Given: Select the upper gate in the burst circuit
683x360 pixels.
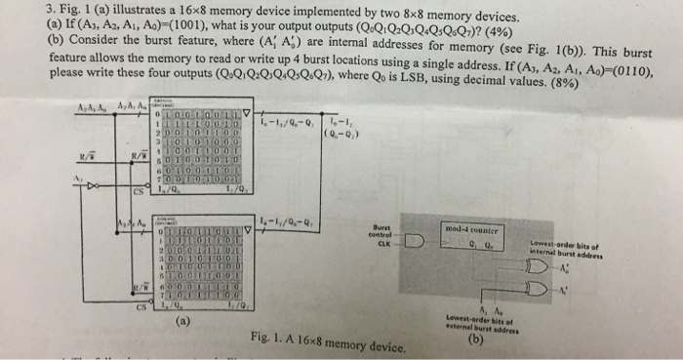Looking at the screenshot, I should [534, 265].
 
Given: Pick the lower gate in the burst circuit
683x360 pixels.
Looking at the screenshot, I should [534, 290].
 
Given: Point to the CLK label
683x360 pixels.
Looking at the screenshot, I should [383, 244].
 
